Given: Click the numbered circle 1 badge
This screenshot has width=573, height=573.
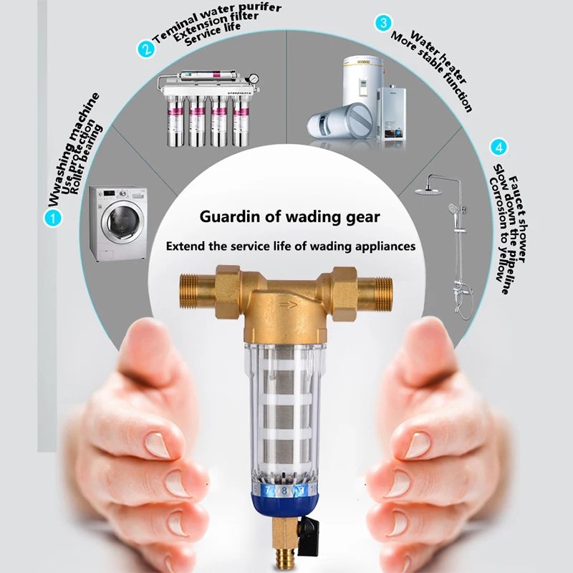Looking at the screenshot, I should click(52, 218).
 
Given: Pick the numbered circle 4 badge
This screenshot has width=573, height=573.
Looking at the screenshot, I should click(499, 148).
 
